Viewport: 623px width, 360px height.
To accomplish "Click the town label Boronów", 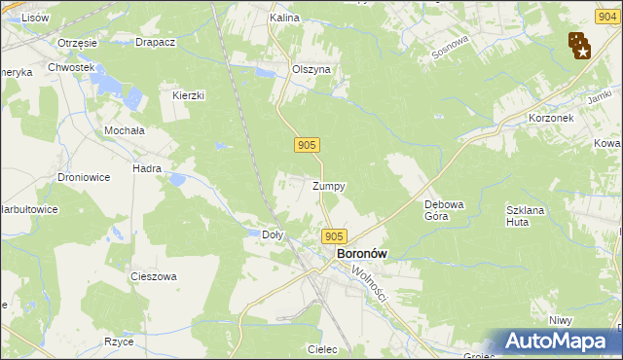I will pos(362,254).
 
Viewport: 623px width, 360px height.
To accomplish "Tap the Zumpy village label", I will pos(329,186).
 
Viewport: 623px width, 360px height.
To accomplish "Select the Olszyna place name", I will pos(312,70).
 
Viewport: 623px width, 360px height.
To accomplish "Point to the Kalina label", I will pos(283,18).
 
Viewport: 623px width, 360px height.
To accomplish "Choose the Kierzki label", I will pos(189,95).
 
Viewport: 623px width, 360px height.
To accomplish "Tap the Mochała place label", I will pos(125,129).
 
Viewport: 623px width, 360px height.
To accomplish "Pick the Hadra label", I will pos(147,168).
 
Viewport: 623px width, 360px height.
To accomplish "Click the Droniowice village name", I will pos(82,178).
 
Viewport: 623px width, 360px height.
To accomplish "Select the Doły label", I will pos(274,234).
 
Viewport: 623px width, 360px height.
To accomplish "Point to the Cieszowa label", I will pos(154,276).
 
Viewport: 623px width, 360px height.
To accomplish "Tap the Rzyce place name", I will pos(119,342).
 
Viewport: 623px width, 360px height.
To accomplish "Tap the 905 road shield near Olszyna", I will pos(307,145).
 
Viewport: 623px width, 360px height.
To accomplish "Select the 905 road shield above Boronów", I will pos(334,236).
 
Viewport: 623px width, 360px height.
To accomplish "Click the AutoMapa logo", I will pos(557,342).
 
